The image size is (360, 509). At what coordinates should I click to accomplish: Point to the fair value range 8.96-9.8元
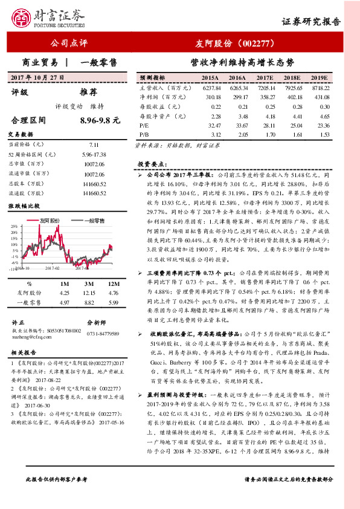[x=100, y=120]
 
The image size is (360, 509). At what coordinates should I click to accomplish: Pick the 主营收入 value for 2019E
[x=320, y=88]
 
